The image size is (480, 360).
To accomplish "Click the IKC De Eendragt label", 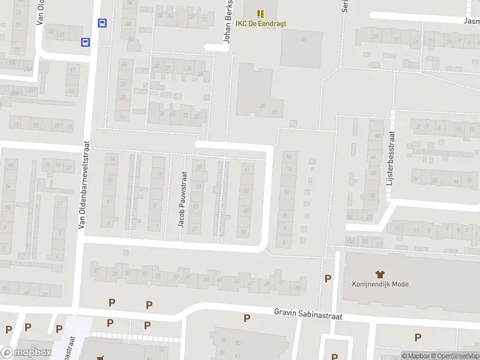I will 260,23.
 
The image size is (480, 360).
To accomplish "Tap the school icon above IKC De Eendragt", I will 260,13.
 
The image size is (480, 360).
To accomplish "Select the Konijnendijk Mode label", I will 380,284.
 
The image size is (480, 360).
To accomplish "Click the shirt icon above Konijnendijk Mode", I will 380,273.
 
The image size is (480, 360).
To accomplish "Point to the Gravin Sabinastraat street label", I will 308,313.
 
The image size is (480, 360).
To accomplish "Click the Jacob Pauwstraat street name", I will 182,199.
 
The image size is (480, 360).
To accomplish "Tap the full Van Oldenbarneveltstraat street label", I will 85,185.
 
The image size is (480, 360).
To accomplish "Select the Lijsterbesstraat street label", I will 391,158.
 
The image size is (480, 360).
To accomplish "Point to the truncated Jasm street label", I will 471,20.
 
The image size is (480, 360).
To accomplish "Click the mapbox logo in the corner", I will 26,353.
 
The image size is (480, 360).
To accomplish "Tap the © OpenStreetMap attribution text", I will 454,356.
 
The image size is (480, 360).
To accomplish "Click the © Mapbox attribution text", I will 416,356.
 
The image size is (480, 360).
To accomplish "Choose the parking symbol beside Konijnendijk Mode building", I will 328,278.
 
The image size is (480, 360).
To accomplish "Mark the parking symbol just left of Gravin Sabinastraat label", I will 247,318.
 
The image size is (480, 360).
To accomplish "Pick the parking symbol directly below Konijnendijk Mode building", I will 418,337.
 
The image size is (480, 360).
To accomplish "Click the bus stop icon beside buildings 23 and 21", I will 86,42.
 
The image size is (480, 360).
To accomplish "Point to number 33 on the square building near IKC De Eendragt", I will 303,40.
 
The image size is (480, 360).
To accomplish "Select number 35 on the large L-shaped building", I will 262,106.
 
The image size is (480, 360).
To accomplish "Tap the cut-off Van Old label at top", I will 41,12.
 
